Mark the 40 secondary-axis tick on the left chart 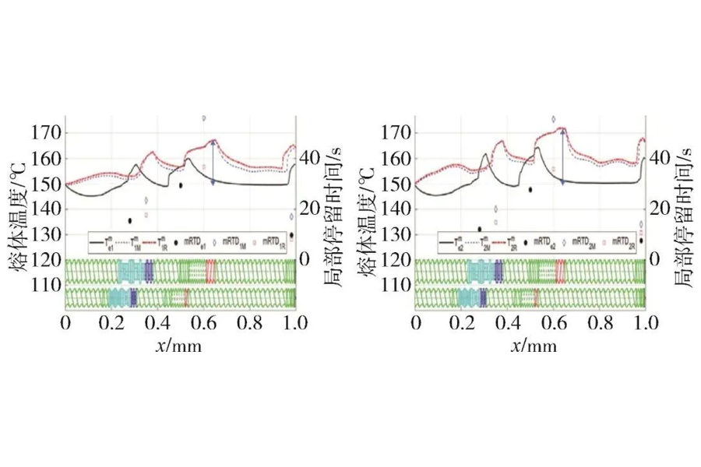coord(308,156)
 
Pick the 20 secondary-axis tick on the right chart coord(658,207)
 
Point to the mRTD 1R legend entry coord(272,244)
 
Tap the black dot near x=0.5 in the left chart coord(181,185)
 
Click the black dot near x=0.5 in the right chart coord(530,189)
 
